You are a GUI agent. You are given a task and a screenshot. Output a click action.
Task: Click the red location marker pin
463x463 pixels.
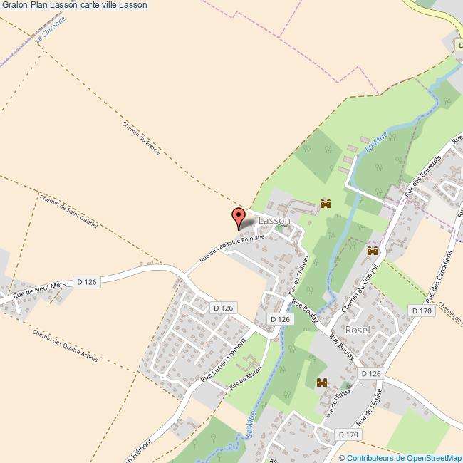tap(239, 217)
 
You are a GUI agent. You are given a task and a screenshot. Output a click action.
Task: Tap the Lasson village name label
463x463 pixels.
tap(274, 222)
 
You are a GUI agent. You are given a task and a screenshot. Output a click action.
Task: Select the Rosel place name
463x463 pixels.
tap(357, 331)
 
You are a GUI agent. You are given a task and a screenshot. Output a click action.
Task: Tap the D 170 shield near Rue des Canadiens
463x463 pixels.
tap(422, 310)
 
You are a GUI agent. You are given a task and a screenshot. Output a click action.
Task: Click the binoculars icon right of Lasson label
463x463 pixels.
tap(326, 204)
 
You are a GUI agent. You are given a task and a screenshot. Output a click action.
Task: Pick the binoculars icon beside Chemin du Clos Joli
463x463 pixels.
tap(372, 251)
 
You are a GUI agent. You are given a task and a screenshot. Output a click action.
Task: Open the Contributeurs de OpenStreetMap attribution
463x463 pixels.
tap(400, 457)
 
